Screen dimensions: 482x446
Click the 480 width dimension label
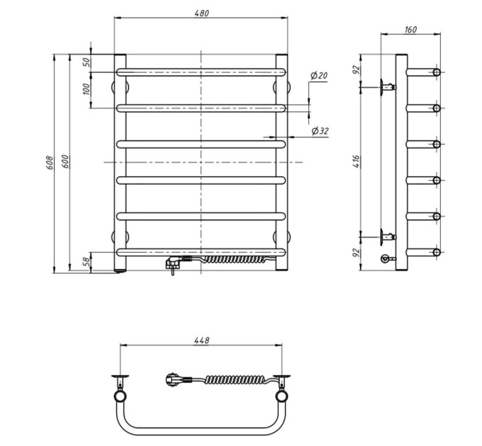201,13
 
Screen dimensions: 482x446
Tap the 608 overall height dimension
50,163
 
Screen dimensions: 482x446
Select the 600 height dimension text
65,161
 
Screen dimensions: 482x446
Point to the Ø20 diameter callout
319,75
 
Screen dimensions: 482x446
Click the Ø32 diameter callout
320,131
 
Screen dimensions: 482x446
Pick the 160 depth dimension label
410,30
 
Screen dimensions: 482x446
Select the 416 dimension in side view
356,161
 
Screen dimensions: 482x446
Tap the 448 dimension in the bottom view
201,340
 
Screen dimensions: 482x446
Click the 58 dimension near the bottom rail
87,261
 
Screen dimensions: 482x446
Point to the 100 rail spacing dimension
87,89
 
